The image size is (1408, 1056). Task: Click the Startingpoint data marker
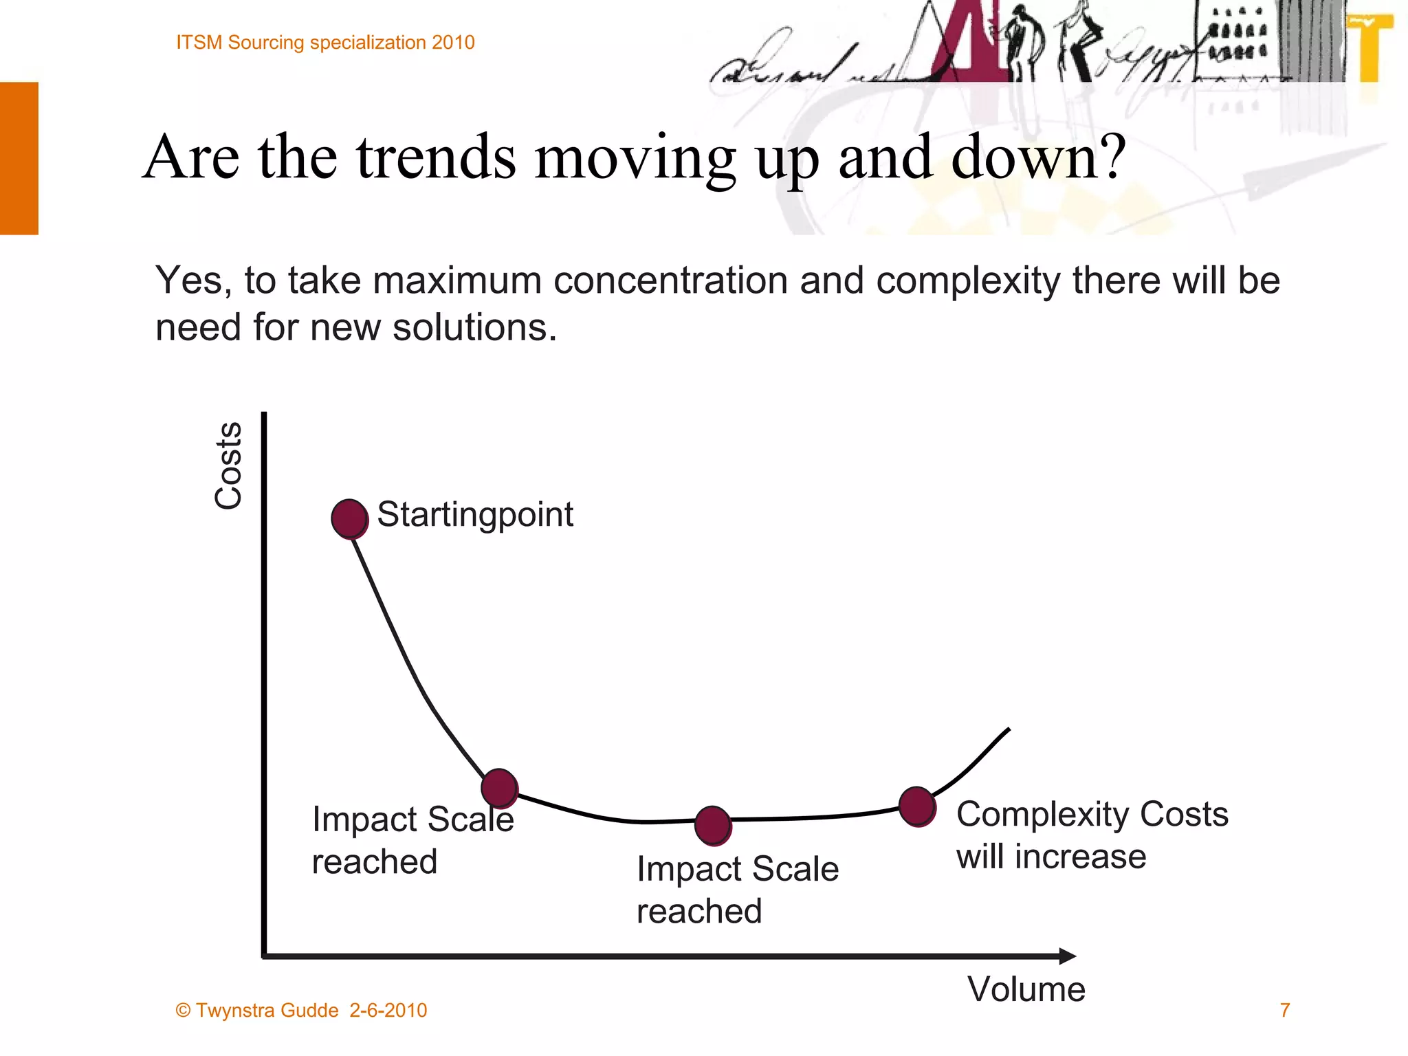pyautogui.click(x=350, y=519)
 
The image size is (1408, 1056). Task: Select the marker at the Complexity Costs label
pyautogui.click(x=917, y=806)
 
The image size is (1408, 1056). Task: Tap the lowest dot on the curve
pyautogui.click(x=713, y=826)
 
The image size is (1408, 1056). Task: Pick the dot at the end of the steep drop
pyautogui.click(x=499, y=788)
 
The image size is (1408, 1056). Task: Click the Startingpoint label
pyautogui.click(x=474, y=514)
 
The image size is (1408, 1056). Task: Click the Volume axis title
pyautogui.click(x=1026, y=989)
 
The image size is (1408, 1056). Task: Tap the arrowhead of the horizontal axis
pyautogui.click(x=1067, y=956)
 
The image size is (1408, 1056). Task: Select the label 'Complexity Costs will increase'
pyautogui.click(x=1091, y=835)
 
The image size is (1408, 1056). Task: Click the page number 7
pyautogui.click(x=1284, y=1010)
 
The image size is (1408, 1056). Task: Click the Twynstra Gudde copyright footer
pyautogui.click(x=301, y=1010)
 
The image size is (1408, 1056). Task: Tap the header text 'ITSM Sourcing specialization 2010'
pyautogui.click(x=325, y=43)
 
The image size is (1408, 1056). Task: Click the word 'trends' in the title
pyautogui.click(x=436, y=157)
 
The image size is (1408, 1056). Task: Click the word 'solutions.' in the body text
pyautogui.click(x=474, y=327)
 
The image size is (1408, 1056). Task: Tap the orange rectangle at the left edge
pyautogui.click(x=19, y=158)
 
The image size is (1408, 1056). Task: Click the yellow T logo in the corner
pyautogui.click(x=1371, y=48)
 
